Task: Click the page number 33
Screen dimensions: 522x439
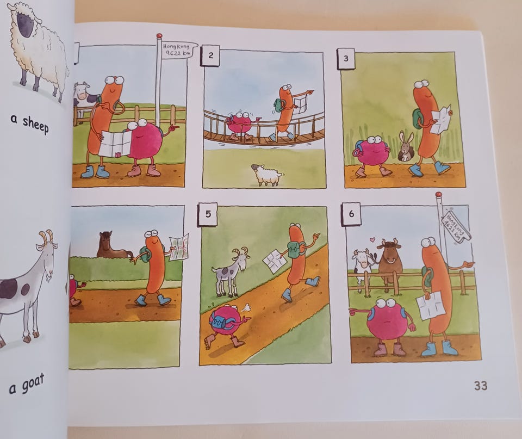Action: (480, 385)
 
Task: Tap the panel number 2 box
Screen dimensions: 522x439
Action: (210, 55)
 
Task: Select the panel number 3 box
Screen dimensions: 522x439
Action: (346, 59)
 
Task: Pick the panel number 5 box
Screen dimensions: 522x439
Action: (208, 214)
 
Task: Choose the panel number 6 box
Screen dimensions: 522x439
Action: (351, 214)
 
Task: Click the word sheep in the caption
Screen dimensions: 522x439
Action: (35, 124)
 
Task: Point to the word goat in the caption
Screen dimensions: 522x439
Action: (33, 383)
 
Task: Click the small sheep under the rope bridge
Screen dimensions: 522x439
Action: (266, 174)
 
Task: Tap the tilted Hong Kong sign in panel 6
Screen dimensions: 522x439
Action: (455, 226)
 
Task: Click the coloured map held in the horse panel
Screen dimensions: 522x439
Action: (179, 247)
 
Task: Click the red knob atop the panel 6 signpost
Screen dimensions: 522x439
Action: (438, 194)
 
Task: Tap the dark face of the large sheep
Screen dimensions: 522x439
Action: (26, 25)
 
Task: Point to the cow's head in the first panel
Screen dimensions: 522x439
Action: (82, 91)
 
